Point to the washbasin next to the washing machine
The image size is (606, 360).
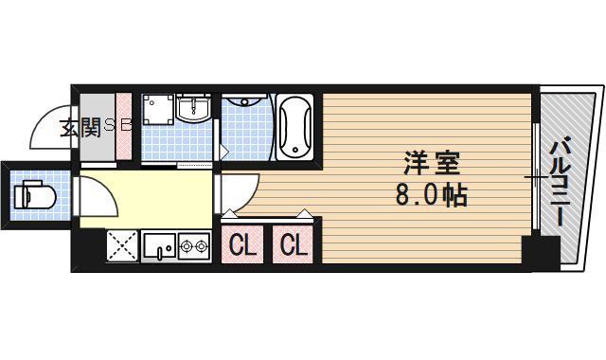pyautogui.click(x=195, y=109)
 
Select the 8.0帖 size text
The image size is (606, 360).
pyautogui.click(x=430, y=197)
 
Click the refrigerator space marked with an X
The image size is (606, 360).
pyautogui.click(x=121, y=246)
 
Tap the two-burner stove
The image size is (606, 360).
pyautogui.click(x=195, y=248)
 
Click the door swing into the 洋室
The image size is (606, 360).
pyautogui.click(x=233, y=194)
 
